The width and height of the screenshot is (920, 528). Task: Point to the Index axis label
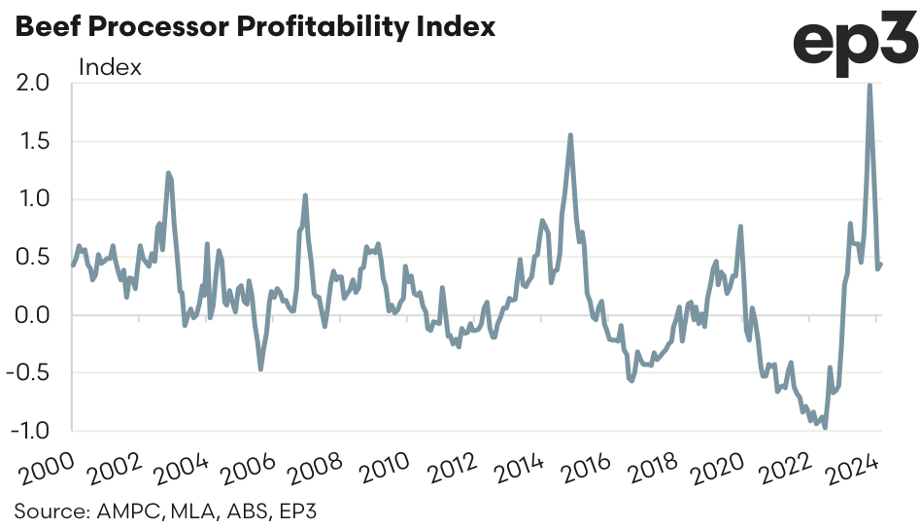[110, 67]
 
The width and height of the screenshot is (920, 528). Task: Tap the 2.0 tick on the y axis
[33, 84]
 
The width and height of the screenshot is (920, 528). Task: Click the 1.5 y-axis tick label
[33, 142]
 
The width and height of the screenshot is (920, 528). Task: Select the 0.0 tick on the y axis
[33, 315]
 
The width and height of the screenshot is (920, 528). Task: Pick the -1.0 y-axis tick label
[28, 431]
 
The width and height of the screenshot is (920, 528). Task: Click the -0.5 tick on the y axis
[28, 373]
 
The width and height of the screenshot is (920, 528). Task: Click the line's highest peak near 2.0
[869, 85]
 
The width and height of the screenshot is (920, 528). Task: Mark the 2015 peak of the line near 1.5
[570, 135]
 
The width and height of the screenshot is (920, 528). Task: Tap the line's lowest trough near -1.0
[826, 427]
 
